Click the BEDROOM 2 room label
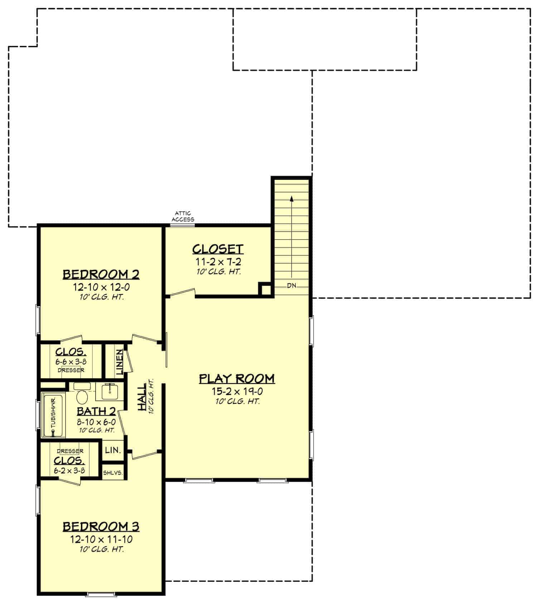101,274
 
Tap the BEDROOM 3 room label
101,527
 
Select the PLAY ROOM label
237,379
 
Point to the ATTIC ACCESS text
183,216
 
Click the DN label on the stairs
291,286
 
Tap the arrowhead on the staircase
292,198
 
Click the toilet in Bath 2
83,397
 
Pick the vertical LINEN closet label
120,362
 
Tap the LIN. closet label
113,450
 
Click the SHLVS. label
113,473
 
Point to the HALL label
142,397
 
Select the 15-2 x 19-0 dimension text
237,392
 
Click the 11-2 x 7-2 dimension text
218,262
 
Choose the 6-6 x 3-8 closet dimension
71,362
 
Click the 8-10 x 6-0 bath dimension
96,422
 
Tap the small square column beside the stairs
265,289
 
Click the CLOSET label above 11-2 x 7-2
218,249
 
